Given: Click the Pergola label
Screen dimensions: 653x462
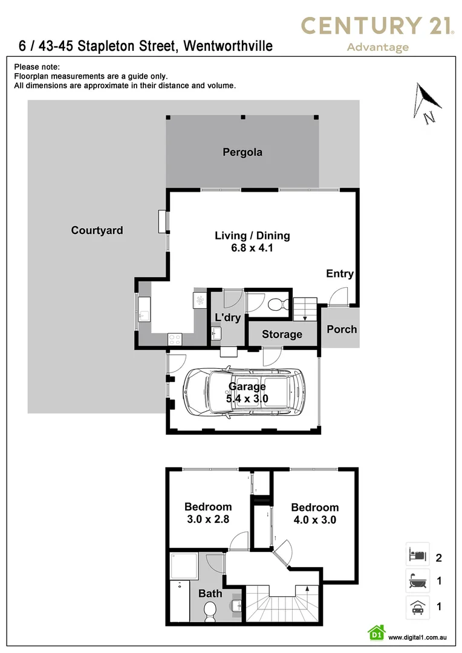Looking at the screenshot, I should tap(242, 152).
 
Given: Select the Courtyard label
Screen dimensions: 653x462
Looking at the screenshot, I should tap(97, 230).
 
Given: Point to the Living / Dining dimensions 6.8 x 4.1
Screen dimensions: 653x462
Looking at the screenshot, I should tap(252, 247).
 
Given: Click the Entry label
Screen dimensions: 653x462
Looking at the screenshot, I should tap(339, 274).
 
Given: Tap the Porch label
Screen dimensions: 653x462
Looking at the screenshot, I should tap(342, 330).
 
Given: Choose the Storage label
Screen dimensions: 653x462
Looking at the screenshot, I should tap(282, 334).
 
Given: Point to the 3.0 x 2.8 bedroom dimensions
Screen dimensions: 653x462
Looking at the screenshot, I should tap(207, 519).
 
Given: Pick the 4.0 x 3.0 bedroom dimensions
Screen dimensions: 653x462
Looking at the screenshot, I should tap(314, 519).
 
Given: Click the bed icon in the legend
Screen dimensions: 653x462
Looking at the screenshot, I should tap(417, 553).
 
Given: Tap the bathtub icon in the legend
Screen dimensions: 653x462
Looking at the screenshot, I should tap(417, 582).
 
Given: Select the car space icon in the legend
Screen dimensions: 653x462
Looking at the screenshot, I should tap(417, 606).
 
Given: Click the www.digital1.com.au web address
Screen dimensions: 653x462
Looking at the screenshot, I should tap(417, 637).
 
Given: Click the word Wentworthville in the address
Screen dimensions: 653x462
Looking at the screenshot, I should tap(228, 46).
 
